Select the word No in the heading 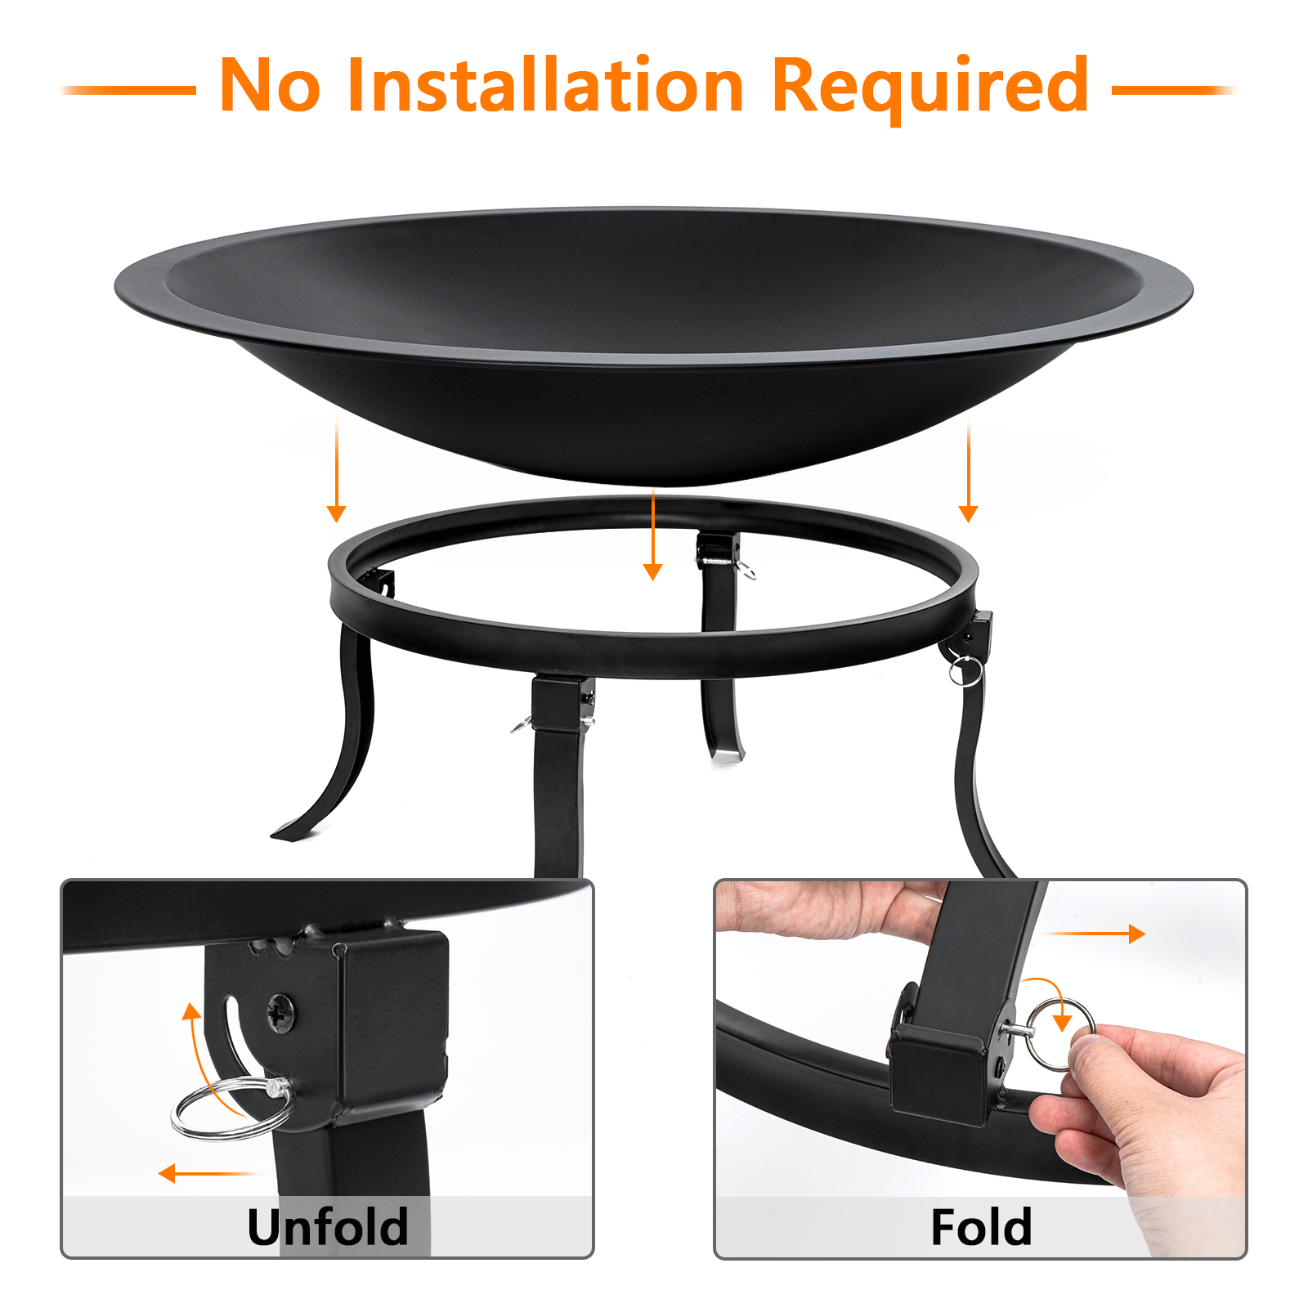click(x=270, y=86)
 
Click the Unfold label click(x=327, y=1226)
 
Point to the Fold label click(x=981, y=1226)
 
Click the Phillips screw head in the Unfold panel click(x=281, y=1014)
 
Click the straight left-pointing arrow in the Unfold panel click(x=208, y=1174)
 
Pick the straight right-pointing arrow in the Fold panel click(x=1096, y=933)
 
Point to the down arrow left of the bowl click(x=336, y=471)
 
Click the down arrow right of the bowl click(x=969, y=471)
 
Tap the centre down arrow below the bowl click(x=652, y=535)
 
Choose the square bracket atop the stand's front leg click(x=562, y=703)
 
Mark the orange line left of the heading click(x=128, y=90)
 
